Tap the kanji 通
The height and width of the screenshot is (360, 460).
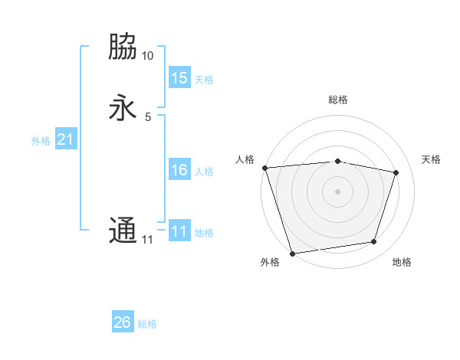point(123,231)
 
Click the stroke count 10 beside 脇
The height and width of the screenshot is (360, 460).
point(147,56)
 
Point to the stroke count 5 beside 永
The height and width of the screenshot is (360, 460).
point(147,117)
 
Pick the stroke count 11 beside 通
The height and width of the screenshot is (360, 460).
point(147,240)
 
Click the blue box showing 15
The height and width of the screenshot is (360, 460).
point(179,78)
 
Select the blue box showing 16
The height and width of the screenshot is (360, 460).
point(179,170)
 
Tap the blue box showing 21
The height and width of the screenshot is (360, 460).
point(65,139)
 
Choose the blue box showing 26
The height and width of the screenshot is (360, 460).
point(123,322)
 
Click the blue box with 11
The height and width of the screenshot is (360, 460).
point(179,231)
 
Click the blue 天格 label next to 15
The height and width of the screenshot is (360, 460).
point(204,80)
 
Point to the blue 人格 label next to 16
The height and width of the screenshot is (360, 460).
point(204,172)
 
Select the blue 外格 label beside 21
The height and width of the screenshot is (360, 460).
point(41,141)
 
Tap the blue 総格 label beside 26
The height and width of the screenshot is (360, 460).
point(147,324)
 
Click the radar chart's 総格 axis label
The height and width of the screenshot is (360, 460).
point(338,100)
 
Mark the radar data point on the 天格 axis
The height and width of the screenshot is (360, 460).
point(396,172)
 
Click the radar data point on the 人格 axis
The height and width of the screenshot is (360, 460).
point(264,168)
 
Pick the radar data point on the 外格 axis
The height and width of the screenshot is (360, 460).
point(292,252)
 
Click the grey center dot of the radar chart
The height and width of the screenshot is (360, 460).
point(337,191)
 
